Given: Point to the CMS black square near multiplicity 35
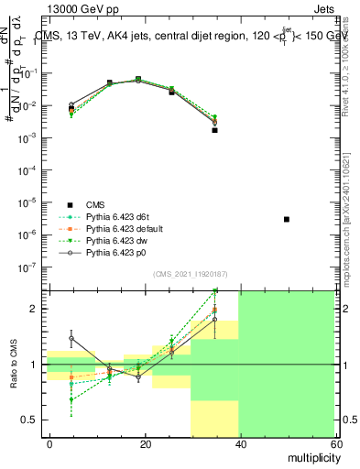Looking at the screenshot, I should [x=214, y=130].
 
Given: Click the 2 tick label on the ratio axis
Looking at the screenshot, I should [x=37, y=309].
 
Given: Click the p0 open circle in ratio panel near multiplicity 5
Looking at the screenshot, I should [x=71, y=338].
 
